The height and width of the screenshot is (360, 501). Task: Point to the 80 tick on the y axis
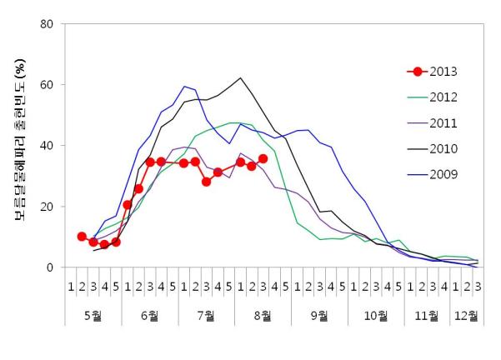click(x=48, y=24)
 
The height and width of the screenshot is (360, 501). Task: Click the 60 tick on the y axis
click(x=48, y=85)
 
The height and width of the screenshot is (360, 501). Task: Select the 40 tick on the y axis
click(x=48, y=146)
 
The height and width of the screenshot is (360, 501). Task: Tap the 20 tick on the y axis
click(x=48, y=207)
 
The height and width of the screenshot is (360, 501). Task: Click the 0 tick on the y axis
click(x=51, y=267)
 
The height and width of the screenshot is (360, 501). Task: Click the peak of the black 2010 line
click(x=240, y=78)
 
